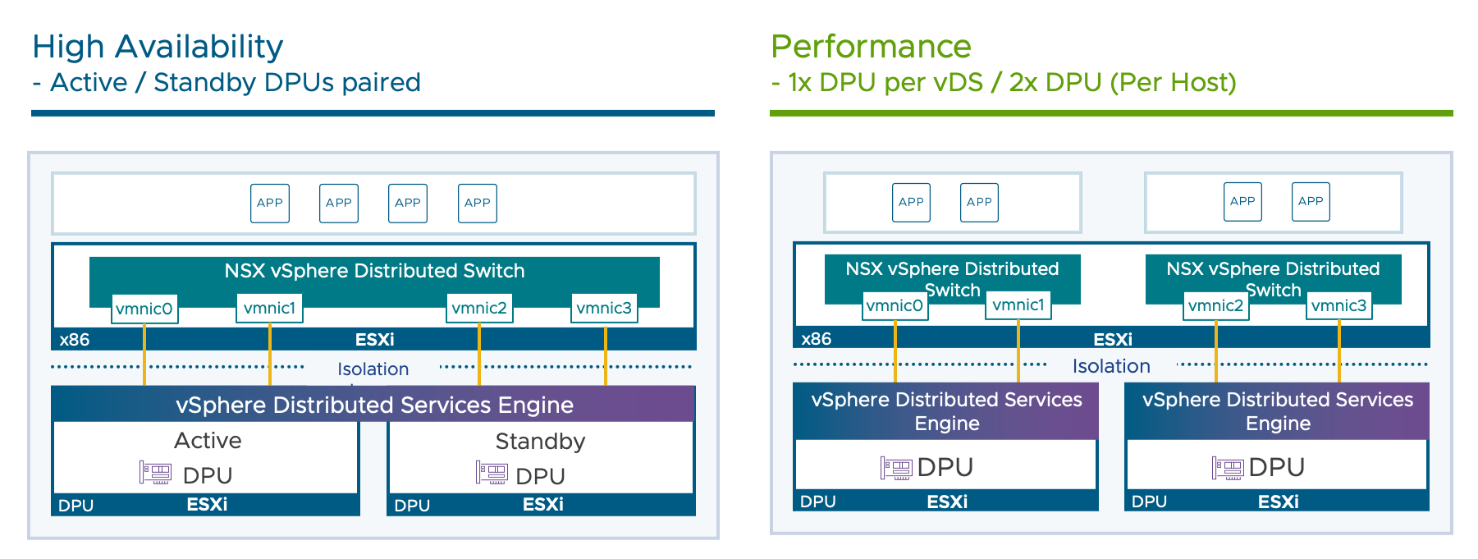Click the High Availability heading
158,47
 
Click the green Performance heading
871,47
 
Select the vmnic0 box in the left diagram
144,309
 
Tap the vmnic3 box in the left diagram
604,308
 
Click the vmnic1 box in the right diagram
1018,305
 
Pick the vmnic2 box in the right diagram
1215,306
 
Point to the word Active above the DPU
208,441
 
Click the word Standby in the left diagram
540,442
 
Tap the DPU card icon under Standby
492,473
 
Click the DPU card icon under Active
155,472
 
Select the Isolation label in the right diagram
1111,366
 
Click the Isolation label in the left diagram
373,369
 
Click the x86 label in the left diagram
75,340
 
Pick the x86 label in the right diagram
817,339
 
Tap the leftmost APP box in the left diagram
270,203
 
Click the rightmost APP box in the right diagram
1311,201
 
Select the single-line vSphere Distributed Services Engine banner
374,405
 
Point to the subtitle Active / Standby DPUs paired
235,83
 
